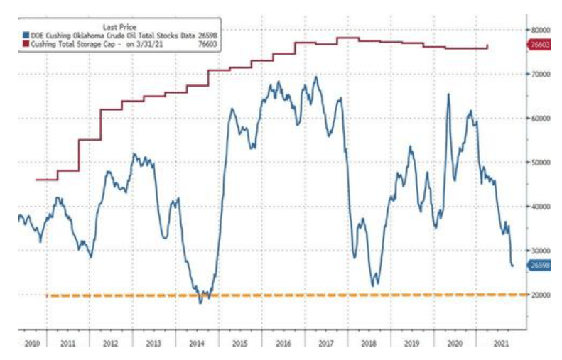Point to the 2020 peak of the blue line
[448, 94]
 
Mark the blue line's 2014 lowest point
[200, 303]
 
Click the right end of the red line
[487, 47]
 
